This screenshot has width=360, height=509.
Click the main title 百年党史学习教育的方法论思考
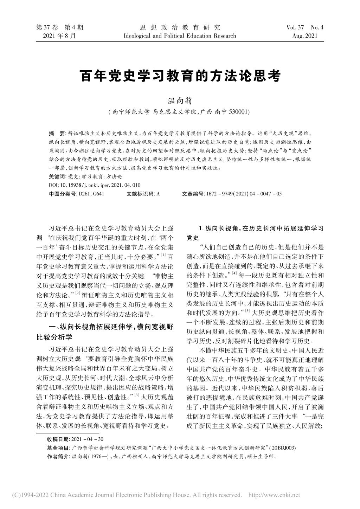click(180, 76)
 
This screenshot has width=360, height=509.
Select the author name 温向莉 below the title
click(180, 101)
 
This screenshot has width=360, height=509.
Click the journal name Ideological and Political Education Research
click(180, 36)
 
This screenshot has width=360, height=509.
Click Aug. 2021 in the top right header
click(305, 36)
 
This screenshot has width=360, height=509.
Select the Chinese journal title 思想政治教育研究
click(180, 27)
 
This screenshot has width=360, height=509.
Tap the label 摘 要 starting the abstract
click(56, 134)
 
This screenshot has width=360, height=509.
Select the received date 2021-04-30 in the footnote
click(87, 439)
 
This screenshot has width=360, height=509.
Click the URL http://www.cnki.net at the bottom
click(274, 495)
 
